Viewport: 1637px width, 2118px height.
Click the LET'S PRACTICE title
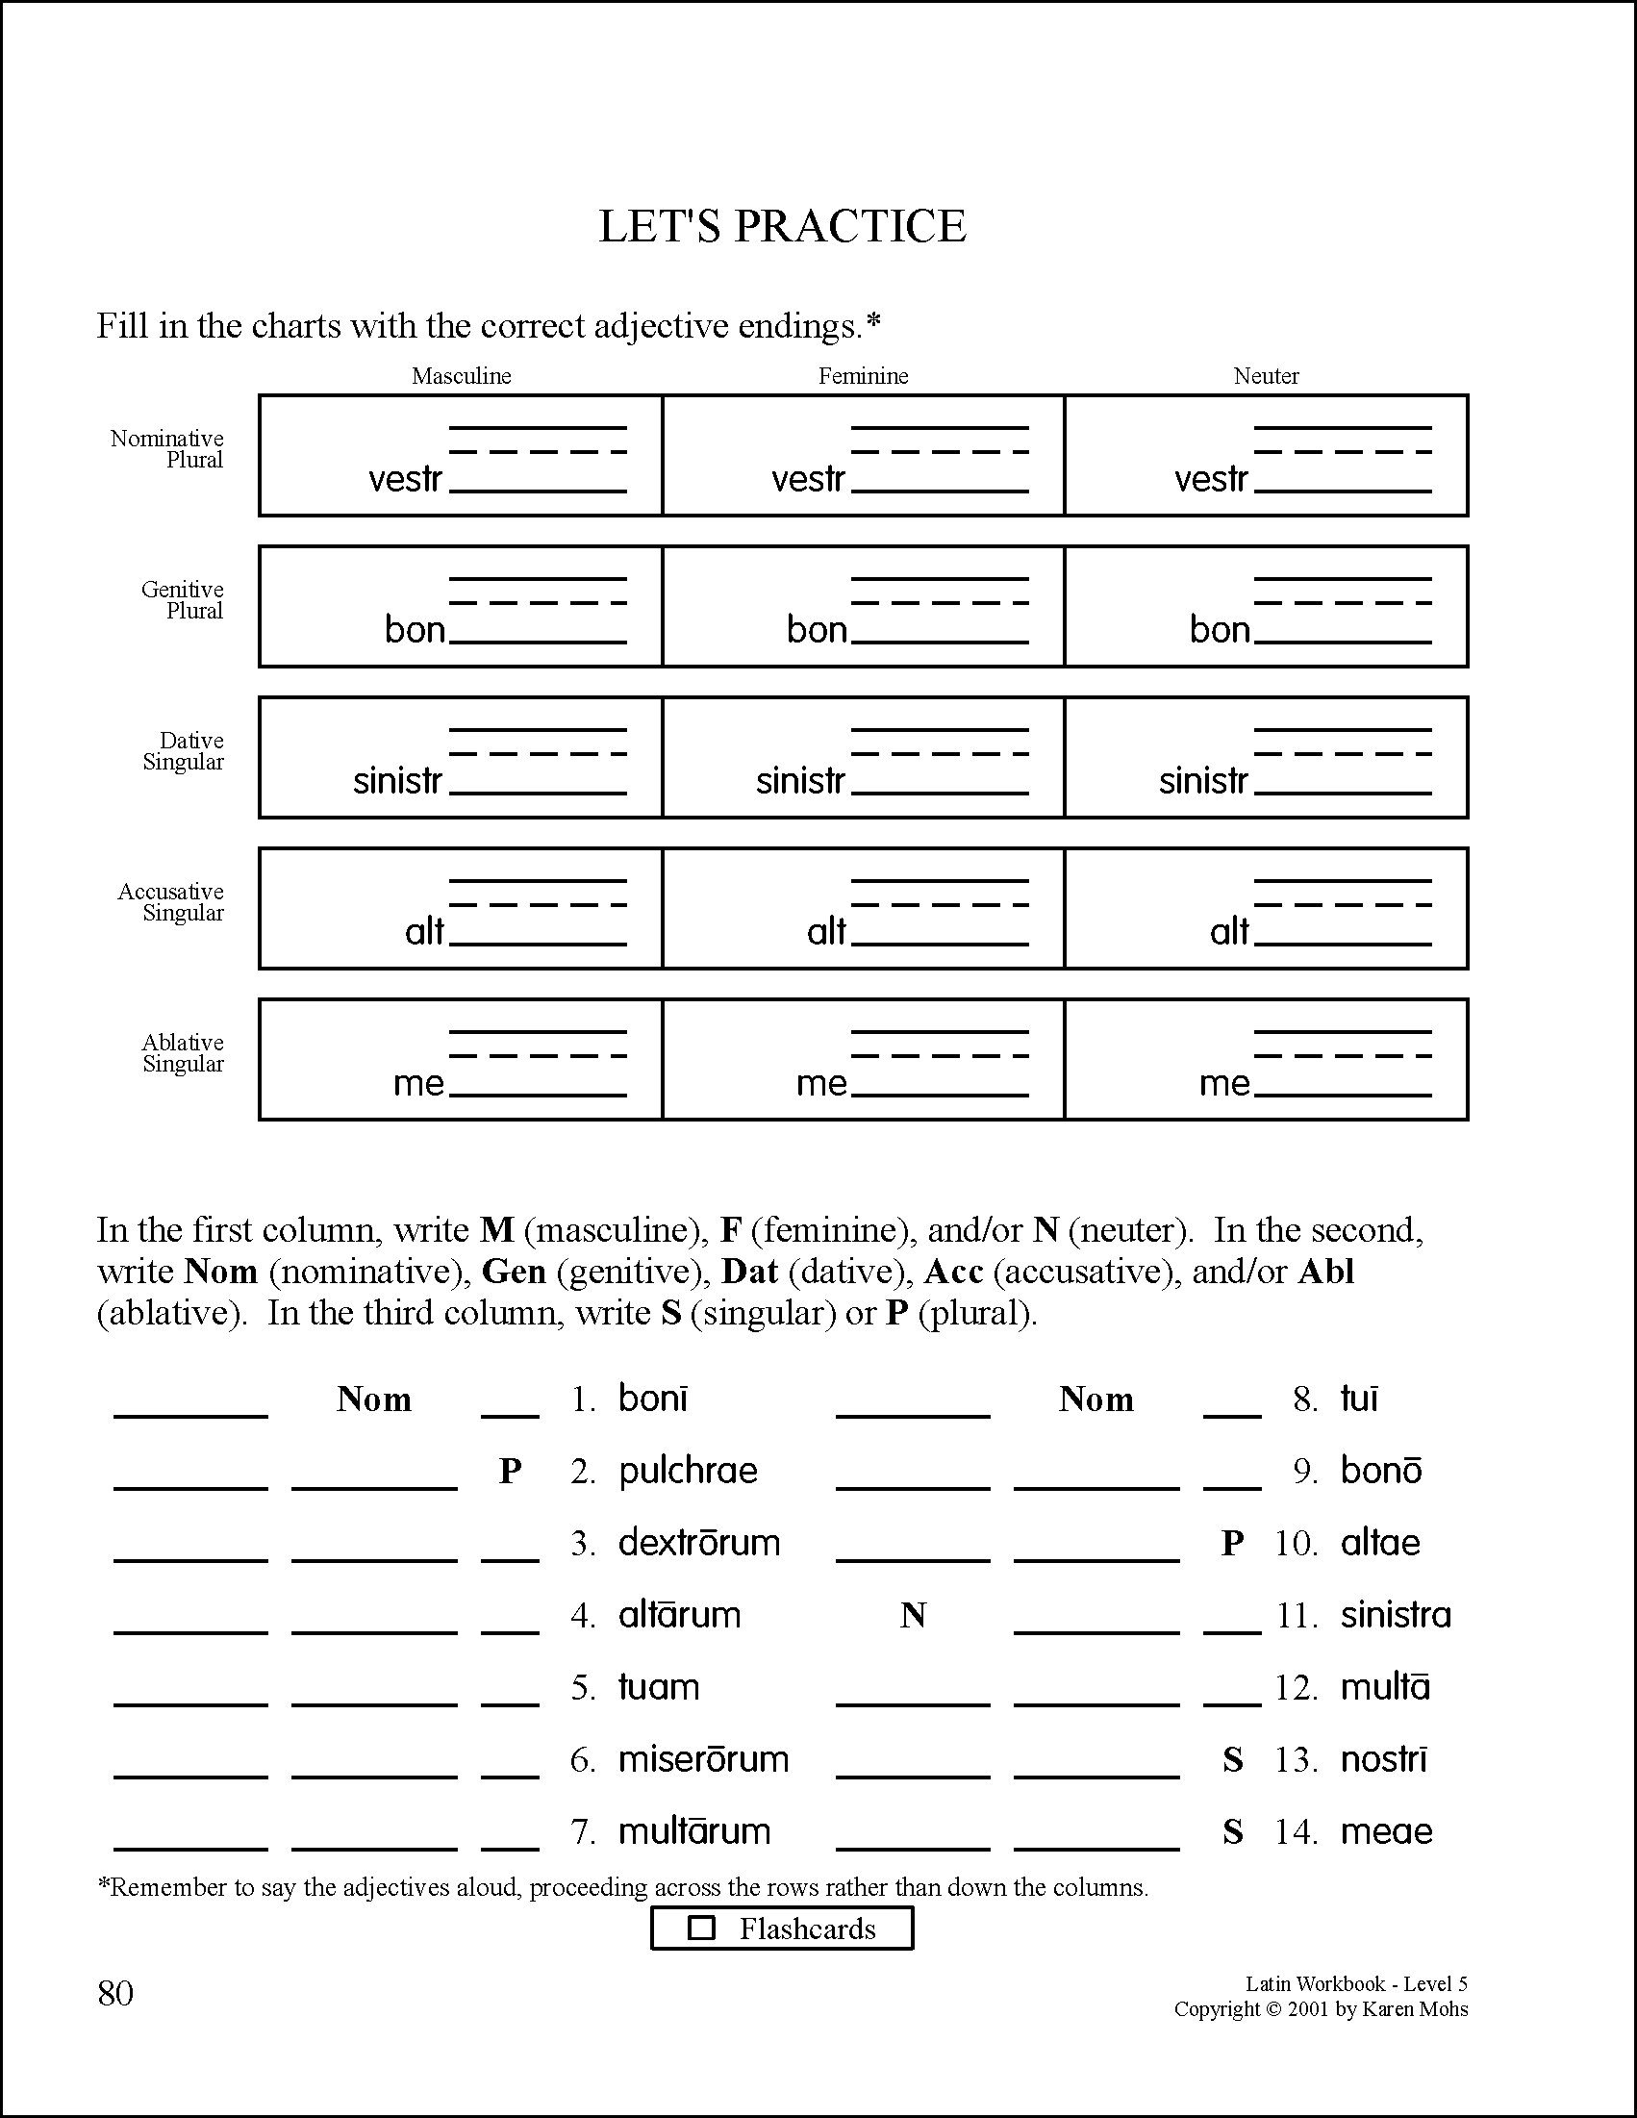782,226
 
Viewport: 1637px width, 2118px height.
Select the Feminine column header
863,376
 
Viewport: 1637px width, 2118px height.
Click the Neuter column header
1266,376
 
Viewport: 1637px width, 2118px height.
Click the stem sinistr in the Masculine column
397,781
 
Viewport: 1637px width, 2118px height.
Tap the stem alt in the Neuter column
1229,932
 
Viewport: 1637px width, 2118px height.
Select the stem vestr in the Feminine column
808,479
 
